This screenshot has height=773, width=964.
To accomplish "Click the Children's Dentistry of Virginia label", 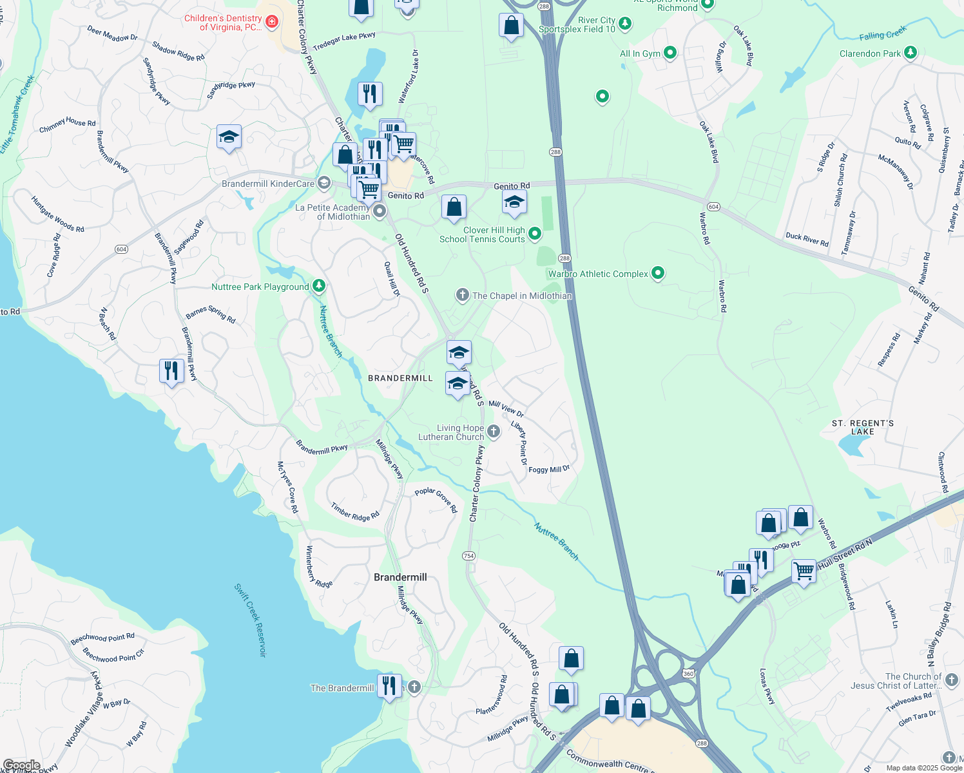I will tap(223, 23).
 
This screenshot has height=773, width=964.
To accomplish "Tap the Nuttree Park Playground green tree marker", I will tap(318, 285).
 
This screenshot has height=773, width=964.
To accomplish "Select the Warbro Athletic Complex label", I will tap(598, 274).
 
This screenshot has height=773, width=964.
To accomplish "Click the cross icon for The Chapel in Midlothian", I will tap(462, 295).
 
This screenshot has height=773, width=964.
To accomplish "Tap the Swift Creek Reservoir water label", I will tap(249, 620).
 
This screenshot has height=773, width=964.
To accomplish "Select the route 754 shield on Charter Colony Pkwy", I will tap(468, 555).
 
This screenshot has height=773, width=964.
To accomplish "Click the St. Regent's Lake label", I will tap(862, 427).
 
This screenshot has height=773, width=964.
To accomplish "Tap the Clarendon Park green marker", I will tap(910, 52).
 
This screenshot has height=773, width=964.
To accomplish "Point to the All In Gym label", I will tap(640, 53).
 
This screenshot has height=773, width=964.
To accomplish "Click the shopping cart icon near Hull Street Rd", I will tap(804, 570).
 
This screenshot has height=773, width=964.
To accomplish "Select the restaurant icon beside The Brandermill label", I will tap(389, 685).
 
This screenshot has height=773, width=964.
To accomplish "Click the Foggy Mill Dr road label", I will tap(549, 470).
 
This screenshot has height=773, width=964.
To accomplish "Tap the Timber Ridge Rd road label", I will tap(355, 512).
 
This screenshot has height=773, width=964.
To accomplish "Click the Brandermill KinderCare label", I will tap(268, 184).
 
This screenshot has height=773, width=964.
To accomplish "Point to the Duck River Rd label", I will tap(807, 239).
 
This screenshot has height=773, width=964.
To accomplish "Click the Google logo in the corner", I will tap(21, 765).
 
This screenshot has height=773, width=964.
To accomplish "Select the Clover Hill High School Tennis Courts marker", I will tap(535, 234).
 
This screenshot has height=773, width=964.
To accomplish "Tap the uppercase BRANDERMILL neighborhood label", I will tap(400, 378).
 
